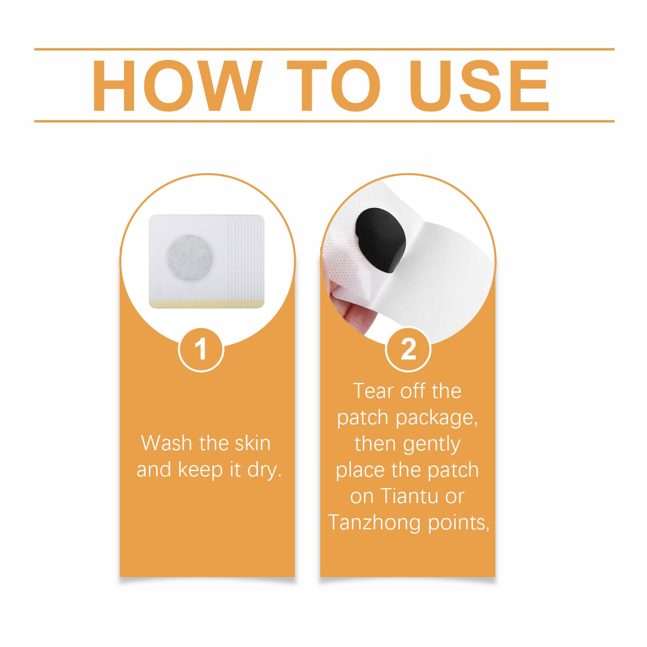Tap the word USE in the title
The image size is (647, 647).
pos(479,85)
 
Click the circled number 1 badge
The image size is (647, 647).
pos(201,349)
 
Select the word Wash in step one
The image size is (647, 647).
pos(167,443)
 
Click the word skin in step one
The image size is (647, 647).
pos(253,443)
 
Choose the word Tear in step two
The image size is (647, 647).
pos(374,391)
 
